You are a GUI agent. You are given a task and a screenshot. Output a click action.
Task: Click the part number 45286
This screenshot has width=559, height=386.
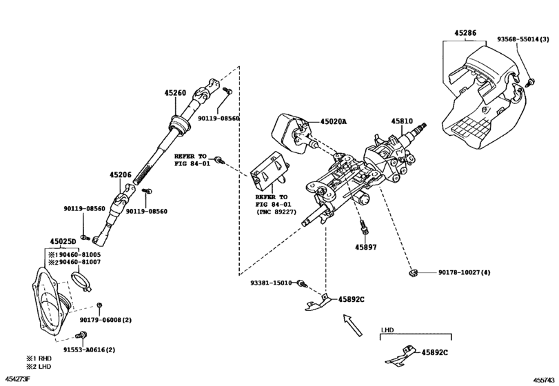pyautogui.click(x=465, y=32)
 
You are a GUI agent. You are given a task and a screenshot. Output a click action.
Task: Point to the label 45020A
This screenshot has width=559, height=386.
pyautogui.click(x=333, y=122)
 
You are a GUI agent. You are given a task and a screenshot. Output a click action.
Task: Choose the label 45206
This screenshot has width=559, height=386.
pyautogui.click(x=119, y=175)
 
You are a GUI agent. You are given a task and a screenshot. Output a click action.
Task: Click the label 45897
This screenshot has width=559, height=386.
pyautogui.click(x=366, y=246)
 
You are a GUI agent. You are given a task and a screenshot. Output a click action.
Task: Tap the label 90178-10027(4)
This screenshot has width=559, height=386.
pyautogui.click(x=464, y=274)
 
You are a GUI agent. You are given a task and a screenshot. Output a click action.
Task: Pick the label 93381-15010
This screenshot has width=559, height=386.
pyautogui.click(x=272, y=283)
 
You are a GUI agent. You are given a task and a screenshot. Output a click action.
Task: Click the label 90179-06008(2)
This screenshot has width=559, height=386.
pyautogui.click(x=105, y=320)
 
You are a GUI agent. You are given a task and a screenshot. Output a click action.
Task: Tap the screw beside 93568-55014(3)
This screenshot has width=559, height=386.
pyautogui.click(x=529, y=83)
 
